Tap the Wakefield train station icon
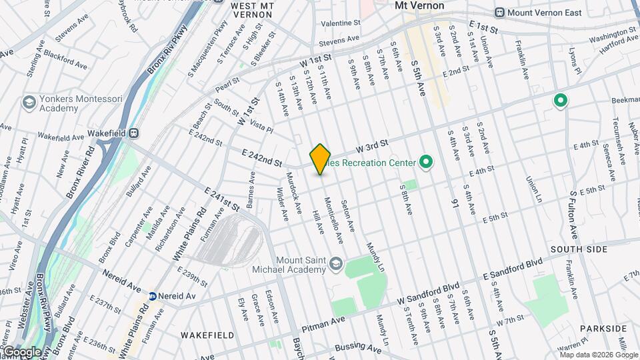pyautogui.click(x=134, y=133)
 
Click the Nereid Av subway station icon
pyautogui.click(x=153, y=296)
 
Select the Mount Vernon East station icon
pyautogui.click(x=499, y=13)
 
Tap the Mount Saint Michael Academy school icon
pyautogui.click(x=337, y=261)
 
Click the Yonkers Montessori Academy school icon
pyautogui.click(x=29, y=102)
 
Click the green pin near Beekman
pyautogui.click(x=561, y=101)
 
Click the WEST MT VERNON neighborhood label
pyautogui.click(x=252, y=6)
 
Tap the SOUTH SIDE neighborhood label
pyautogui.click(x=579, y=249)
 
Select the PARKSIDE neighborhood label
pyautogui.click(x=603, y=329)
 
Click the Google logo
pyautogui.click(x=22, y=352)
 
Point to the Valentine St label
pyautogui.click(x=340, y=23)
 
